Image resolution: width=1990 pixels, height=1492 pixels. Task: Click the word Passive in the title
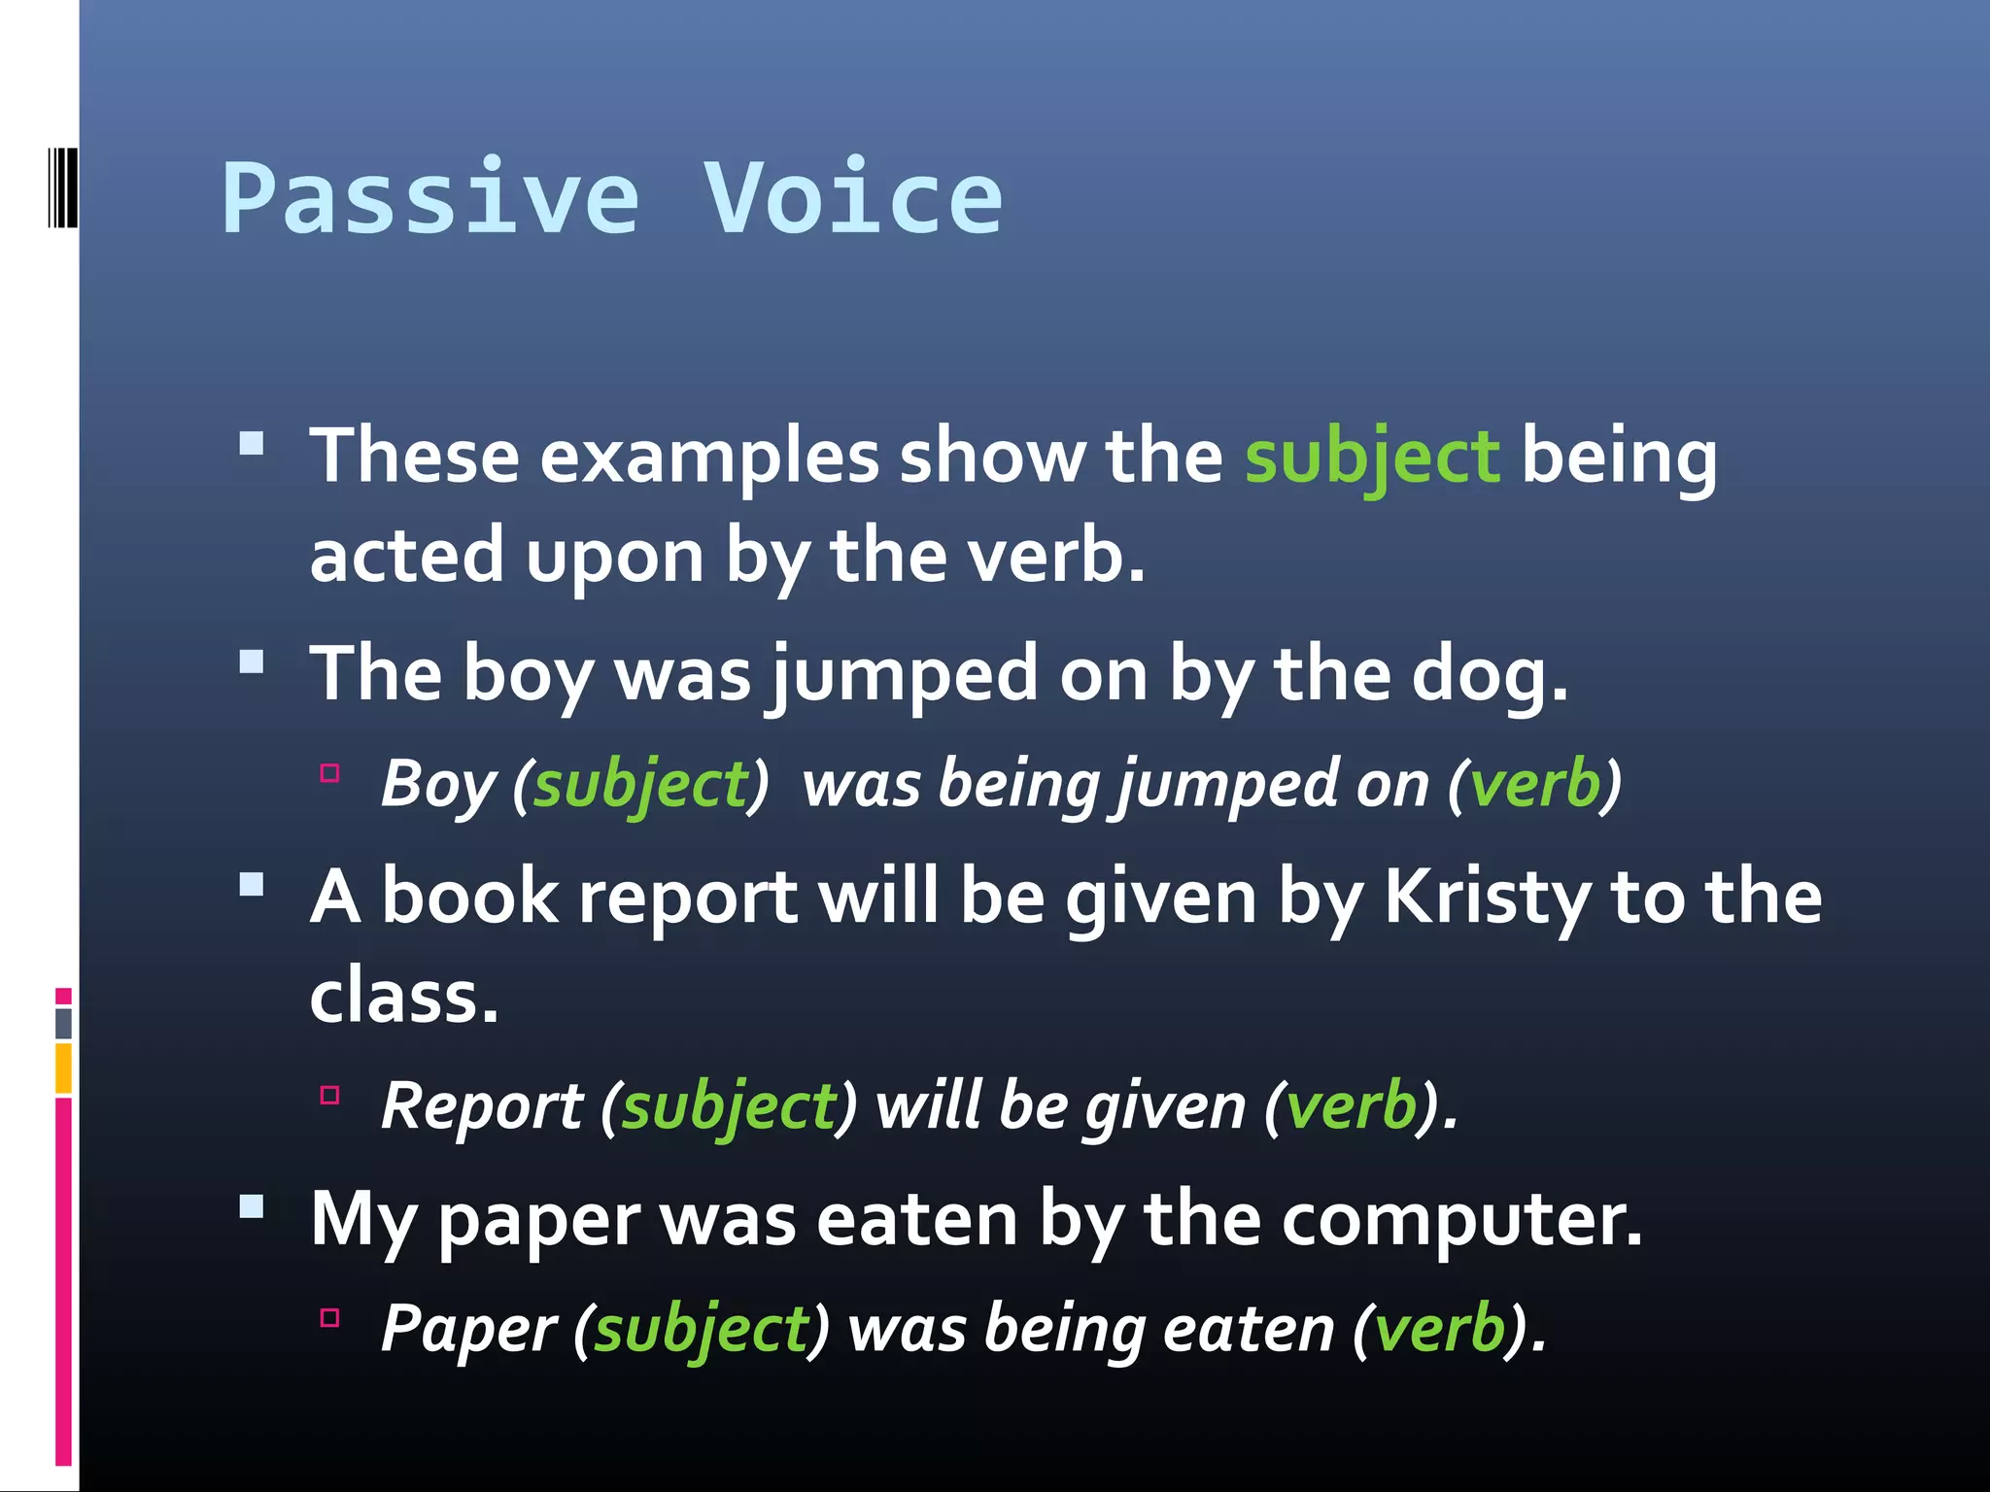pos(430,199)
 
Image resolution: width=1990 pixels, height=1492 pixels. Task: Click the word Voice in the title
pos(852,199)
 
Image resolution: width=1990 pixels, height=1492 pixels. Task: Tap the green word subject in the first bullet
pos(1371,457)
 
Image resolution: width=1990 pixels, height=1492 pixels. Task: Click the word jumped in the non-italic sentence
pos(902,674)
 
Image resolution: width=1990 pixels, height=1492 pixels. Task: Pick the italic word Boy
pos(438,784)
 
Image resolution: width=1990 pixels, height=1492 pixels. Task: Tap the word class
pos(403,997)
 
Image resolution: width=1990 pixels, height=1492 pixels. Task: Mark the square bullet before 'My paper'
pos(252,1206)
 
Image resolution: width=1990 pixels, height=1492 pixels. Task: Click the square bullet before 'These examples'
pos(252,444)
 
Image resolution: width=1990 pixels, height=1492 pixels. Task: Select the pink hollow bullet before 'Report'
pos(329,1096)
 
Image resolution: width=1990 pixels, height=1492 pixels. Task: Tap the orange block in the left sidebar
pos(63,1068)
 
